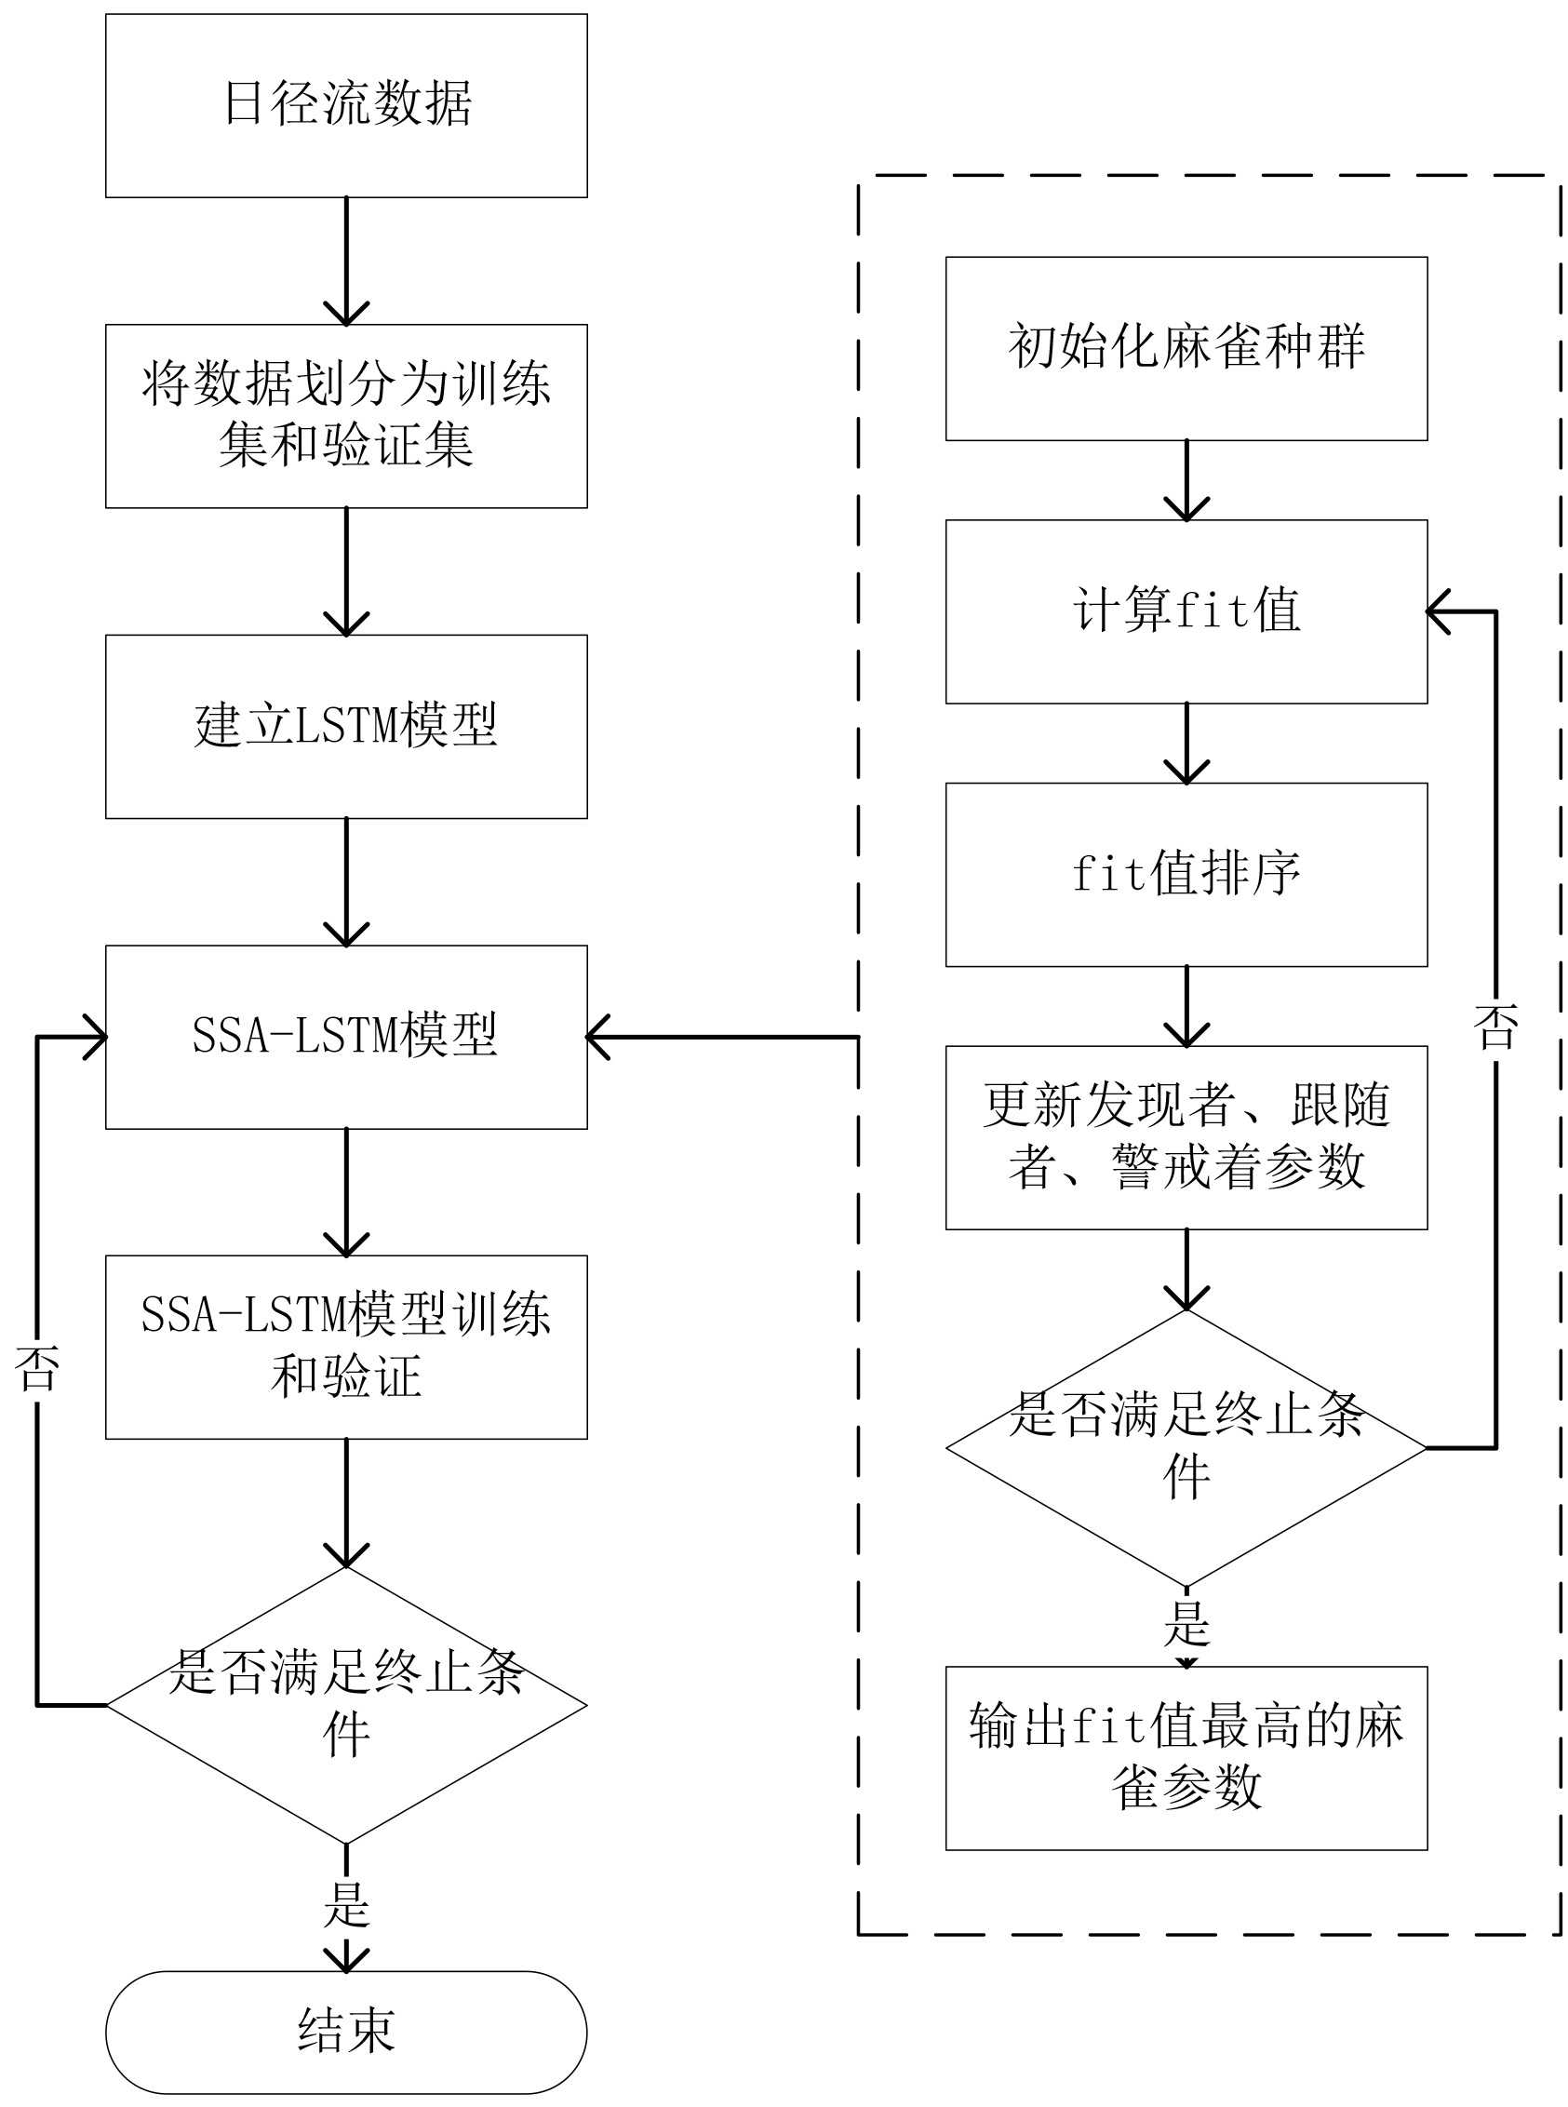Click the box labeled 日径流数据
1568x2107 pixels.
coord(346,105)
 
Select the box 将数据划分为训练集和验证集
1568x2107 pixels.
coord(346,416)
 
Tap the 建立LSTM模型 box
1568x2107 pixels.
coord(346,726)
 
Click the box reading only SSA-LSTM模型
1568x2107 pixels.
coord(346,1037)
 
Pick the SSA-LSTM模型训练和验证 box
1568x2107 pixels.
coord(346,1347)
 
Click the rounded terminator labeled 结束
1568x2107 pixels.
coord(346,2032)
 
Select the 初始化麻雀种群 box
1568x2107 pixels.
coord(1186,348)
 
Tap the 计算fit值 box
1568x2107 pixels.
coord(1186,611)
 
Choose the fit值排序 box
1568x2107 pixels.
coord(1186,874)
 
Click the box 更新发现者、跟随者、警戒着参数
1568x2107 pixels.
coord(1186,1137)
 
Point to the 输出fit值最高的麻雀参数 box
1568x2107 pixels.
coord(1186,1758)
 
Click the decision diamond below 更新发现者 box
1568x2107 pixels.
coord(1186,1448)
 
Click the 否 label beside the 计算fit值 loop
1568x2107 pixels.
coord(1495,1027)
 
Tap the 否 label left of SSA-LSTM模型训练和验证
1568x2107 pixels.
coord(37,1369)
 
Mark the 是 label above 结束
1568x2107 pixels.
coord(346,1905)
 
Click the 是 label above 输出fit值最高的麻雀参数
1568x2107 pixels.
coord(1186,1624)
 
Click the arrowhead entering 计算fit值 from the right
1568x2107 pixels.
coord(1438,611)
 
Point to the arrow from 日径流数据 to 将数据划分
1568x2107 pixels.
coord(346,261)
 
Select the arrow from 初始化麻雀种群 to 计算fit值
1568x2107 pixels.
coord(1186,480)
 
